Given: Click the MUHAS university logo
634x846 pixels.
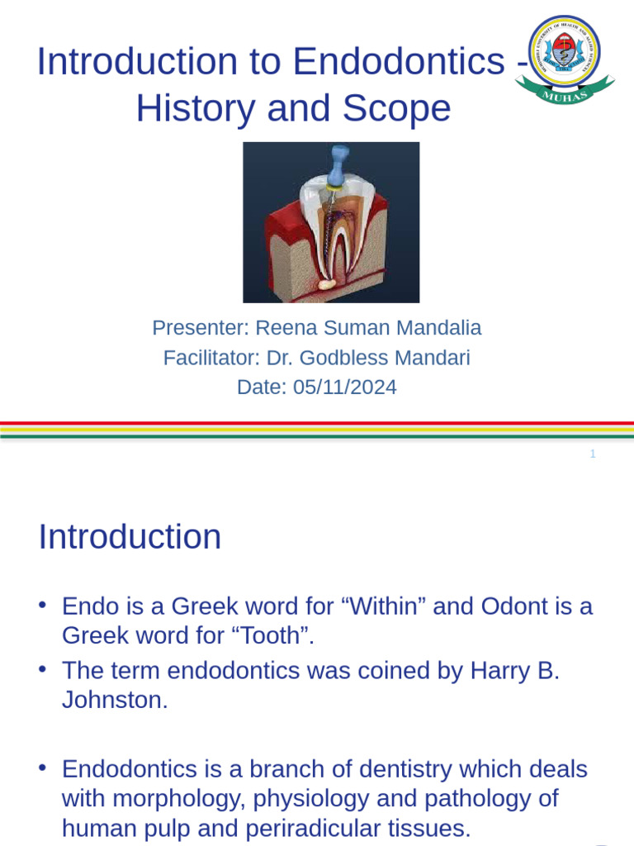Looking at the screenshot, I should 564,60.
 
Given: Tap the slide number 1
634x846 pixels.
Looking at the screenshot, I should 593,454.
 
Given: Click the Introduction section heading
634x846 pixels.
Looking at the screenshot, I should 130,537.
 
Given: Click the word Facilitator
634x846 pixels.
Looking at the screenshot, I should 206,358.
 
